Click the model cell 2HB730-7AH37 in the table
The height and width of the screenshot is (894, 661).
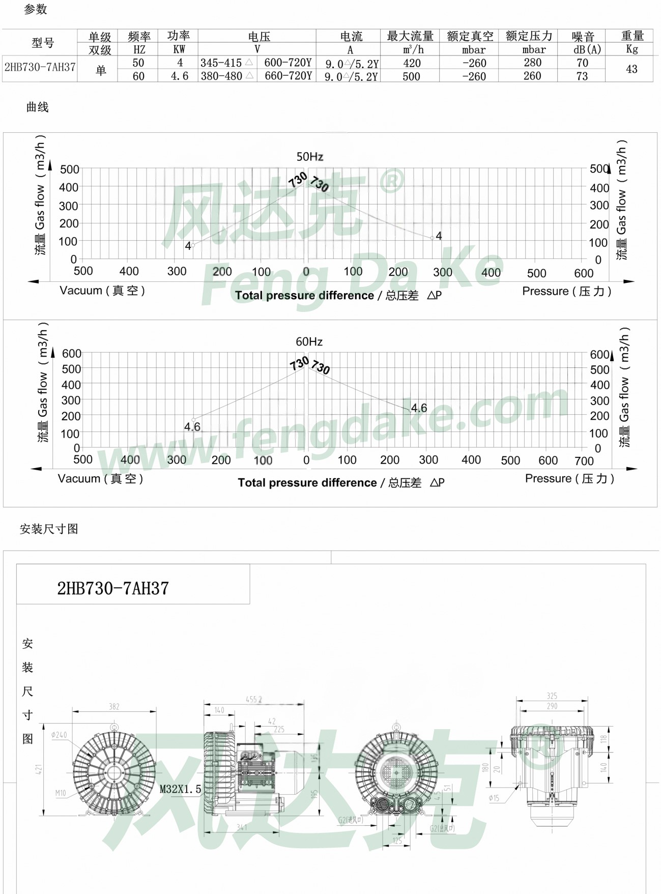[40, 67]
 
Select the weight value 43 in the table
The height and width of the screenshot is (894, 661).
[631, 69]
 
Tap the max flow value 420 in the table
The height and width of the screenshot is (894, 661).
[412, 63]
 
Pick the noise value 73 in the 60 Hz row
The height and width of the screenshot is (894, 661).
[582, 76]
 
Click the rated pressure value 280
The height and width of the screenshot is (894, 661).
[532, 63]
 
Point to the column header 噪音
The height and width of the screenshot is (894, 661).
[583, 37]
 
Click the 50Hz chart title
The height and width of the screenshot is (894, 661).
[309, 157]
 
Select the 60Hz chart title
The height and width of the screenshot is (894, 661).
[309, 342]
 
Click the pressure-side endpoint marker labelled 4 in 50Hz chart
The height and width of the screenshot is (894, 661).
[433, 238]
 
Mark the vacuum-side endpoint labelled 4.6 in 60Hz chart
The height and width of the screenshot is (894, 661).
[193, 420]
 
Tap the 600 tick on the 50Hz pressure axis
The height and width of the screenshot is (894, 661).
[583, 273]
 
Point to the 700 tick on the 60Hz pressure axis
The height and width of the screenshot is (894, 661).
[584, 461]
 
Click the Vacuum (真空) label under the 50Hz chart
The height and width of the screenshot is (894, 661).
[102, 291]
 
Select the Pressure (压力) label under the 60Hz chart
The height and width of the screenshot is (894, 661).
[569, 479]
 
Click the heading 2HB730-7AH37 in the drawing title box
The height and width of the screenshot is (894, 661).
[113, 589]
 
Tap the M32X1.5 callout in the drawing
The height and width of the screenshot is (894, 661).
[180, 789]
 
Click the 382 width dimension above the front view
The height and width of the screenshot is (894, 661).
[114, 706]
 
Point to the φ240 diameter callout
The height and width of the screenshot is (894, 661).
[59, 735]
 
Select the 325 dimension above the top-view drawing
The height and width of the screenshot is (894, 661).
[552, 696]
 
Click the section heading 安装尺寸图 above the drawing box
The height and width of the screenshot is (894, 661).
[49, 529]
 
